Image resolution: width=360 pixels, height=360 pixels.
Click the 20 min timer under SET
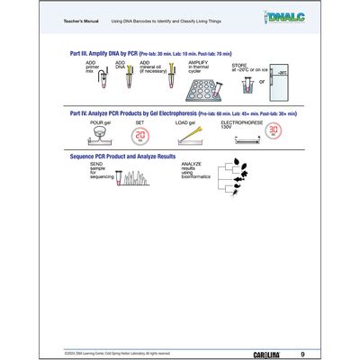(140, 136)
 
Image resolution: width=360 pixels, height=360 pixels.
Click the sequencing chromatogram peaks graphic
(140, 177)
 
